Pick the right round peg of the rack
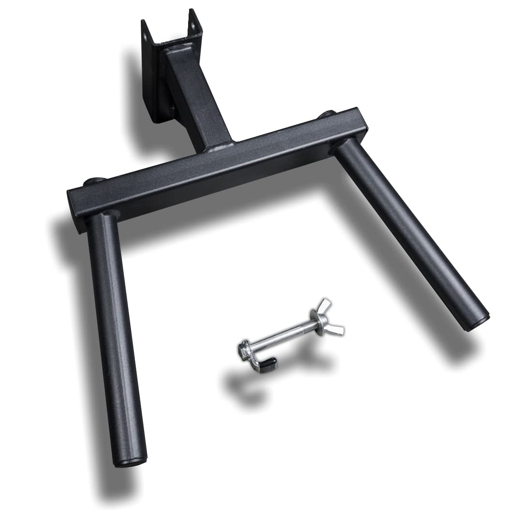(x=411, y=232)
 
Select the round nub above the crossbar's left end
(x=92, y=181)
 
